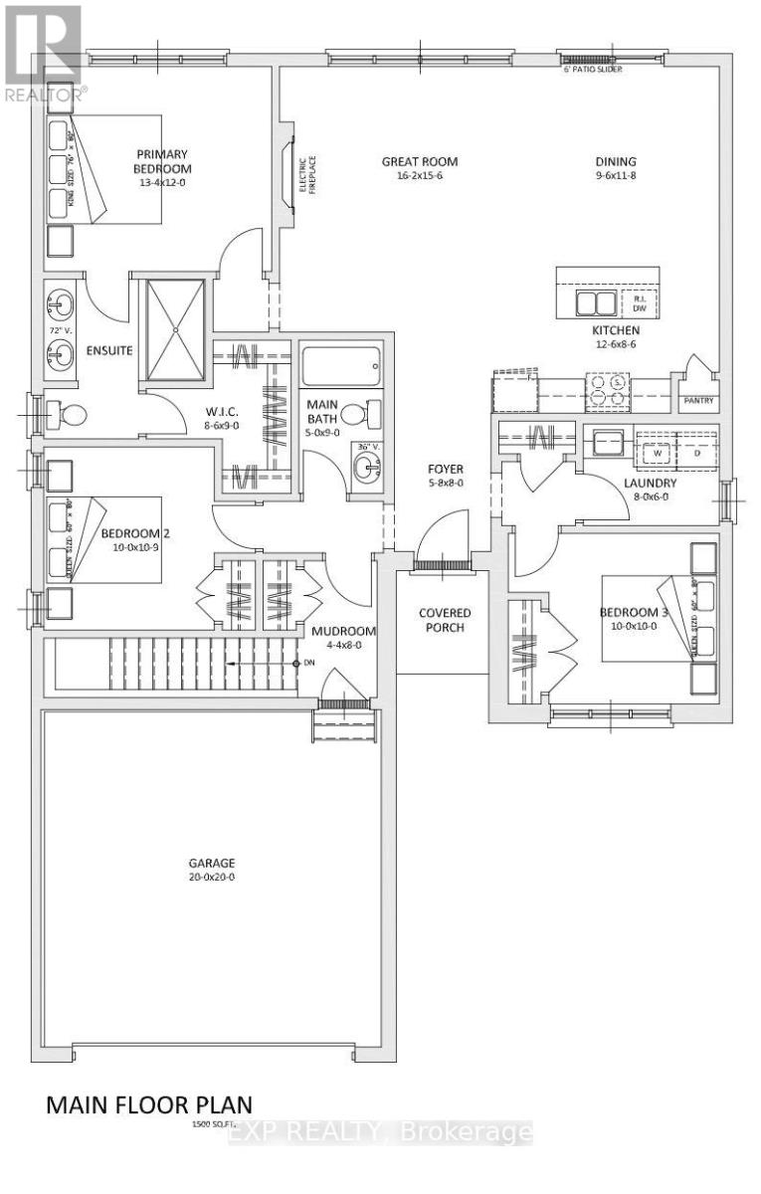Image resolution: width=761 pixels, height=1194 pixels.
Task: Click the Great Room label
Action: point(413,162)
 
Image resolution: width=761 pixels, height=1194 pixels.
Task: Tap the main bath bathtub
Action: point(339,368)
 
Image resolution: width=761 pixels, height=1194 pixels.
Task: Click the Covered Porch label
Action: point(444,620)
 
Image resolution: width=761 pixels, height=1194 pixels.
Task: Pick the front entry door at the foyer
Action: point(444,542)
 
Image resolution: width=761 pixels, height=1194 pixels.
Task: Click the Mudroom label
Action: point(343,631)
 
